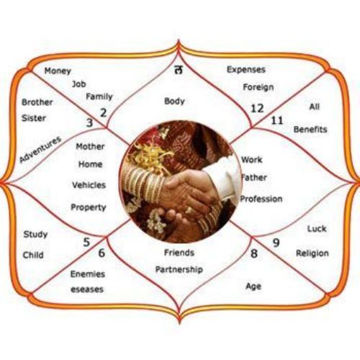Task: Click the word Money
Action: pos(58,71)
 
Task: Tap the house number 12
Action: pos(257,109)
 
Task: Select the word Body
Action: pos(174,102)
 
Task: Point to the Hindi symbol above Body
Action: pos(179,70)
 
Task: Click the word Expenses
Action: pos(246,70)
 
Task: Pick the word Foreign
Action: pos(258,87)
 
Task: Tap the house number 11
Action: pos(277,120)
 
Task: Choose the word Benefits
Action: pos(310,130)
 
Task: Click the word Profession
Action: pos(261,199)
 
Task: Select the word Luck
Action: pos(317,229)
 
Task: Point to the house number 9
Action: pos(276,243)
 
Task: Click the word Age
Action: pos(253,287)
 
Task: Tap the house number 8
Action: pos(254,253)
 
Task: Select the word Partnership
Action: pos(179,269)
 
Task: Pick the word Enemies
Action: pos(88,274)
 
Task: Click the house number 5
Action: pos(86,242)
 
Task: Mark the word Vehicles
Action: pos(89,185)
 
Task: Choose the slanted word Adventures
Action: pos(40,150)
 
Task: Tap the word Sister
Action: pos(34,118)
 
